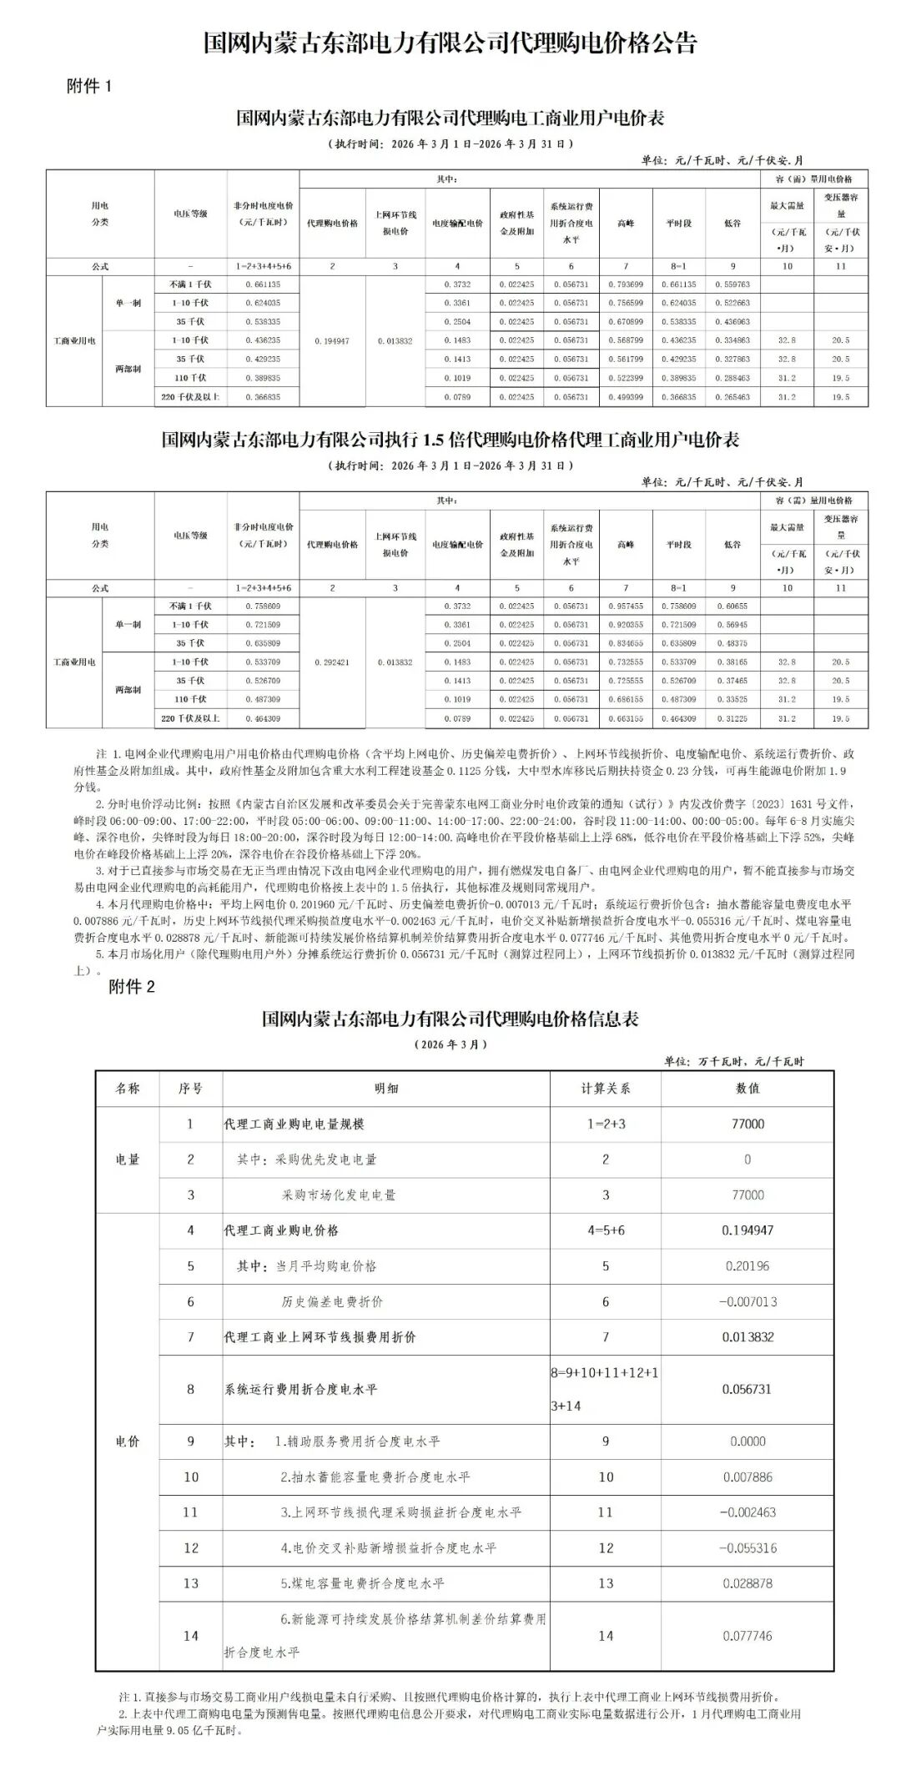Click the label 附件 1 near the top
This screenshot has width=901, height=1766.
pos(88,87)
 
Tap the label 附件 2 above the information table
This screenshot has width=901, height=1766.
pos(132,987)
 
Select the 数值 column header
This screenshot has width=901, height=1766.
pos(747,1089)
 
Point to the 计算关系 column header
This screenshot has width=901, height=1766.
pos(606,1089)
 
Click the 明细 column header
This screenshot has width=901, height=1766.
pos(386,1089)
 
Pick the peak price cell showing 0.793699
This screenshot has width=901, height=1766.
pos(626,284)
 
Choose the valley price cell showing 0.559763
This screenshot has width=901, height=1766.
pos(732,284)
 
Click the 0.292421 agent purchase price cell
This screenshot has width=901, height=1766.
pos(332,662)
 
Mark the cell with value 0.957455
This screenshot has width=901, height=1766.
pos(626,606)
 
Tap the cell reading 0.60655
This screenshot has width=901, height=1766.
pos(732,606)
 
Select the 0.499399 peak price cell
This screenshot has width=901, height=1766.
pos(626,397)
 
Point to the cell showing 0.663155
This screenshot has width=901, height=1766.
pos(626,718)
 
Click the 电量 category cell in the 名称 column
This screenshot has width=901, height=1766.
pos(128,1160)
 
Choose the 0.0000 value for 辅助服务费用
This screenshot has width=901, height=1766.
pos(747,1441)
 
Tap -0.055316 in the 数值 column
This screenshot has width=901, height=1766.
pos(747,1548)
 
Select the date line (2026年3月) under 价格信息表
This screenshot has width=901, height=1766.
pos(450,1044)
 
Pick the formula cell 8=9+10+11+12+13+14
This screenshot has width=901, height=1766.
pos(606,1389)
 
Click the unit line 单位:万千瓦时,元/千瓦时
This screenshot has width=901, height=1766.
pos(734,1062)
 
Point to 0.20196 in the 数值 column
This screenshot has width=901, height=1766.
pos(747,1266)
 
